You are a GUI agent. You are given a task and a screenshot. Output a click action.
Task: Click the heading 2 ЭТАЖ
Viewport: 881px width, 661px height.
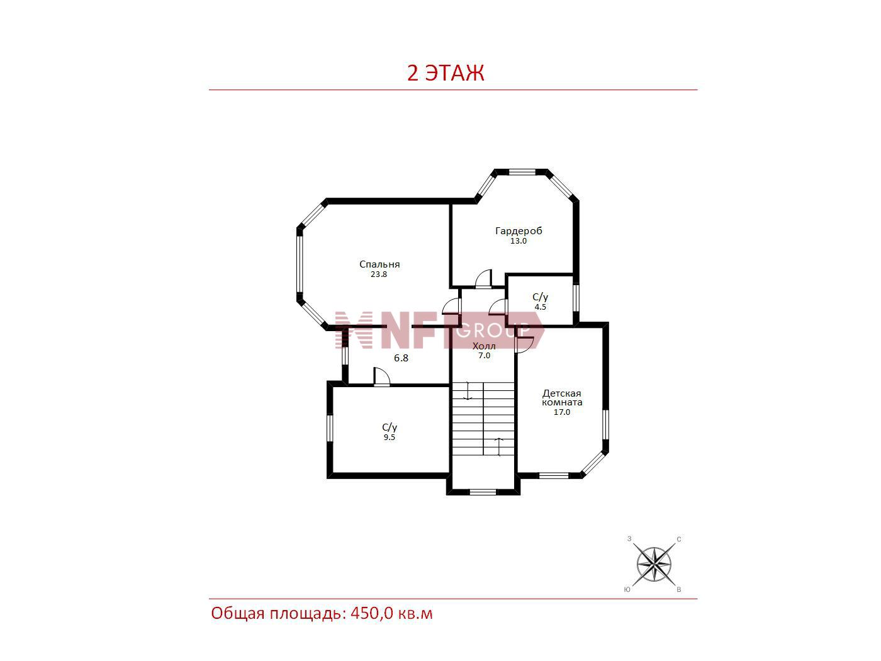[x=446, y=73]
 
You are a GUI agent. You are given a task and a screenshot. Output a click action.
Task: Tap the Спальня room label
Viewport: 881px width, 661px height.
[x=379, y=264]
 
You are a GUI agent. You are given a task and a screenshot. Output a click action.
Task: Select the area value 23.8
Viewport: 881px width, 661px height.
[x=379, y=274]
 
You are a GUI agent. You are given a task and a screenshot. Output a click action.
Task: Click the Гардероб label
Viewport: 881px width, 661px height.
[x=519, y=231]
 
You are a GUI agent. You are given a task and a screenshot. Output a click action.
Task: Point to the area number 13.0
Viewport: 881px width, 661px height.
[x=518, y=241]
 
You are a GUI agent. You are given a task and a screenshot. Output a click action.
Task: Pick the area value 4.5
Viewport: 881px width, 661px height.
[x=540, y=307]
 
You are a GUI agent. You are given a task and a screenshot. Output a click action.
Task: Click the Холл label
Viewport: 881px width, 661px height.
[x=484, y=346]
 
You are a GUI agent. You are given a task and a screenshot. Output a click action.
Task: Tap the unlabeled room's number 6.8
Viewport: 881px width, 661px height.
[x=401, y=358]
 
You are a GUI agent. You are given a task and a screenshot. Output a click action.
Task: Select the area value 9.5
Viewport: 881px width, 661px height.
[x=390, y=438]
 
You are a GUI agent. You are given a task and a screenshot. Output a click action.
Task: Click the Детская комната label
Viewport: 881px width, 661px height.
[x=562, y=398]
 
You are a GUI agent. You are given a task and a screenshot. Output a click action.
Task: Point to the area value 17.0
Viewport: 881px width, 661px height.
[x=562, y=412]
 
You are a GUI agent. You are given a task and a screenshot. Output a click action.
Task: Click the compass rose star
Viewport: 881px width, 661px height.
[x=654, y=565]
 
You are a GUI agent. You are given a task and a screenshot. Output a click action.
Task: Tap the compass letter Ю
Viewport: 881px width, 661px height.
[x=627, y=590]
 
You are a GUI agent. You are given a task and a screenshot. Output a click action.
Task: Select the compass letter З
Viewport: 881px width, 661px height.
[x=629, y=539]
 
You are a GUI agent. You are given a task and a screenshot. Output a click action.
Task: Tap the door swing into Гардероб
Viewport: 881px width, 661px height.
[x=483, y=278]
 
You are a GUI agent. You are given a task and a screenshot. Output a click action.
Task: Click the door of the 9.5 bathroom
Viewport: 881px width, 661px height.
[x=382, y=376]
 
